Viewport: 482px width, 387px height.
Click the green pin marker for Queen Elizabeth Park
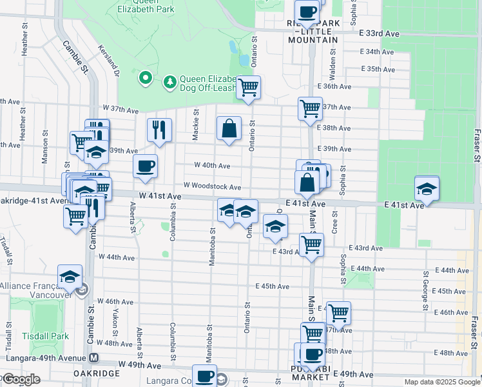click(146, 79)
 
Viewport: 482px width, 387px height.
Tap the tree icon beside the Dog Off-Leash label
click(170, 81)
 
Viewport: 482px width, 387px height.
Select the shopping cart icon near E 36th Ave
click(247, 87)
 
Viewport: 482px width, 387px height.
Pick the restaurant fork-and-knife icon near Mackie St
click(159, 130)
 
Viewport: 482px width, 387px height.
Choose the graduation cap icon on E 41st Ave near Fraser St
click(427, 188)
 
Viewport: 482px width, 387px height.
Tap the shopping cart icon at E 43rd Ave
click(311, 244)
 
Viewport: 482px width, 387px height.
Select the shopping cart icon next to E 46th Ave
click(338, 313)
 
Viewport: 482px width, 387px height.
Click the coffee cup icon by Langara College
click(205, 375)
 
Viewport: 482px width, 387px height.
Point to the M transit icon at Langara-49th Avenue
click(94, 357)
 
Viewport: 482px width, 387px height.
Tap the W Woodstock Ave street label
click(212, 187)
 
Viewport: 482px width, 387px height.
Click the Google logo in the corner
click(21, 379)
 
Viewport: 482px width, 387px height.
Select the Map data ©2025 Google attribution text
click(442, 382)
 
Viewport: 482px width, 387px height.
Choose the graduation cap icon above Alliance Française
click(70, 277)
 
